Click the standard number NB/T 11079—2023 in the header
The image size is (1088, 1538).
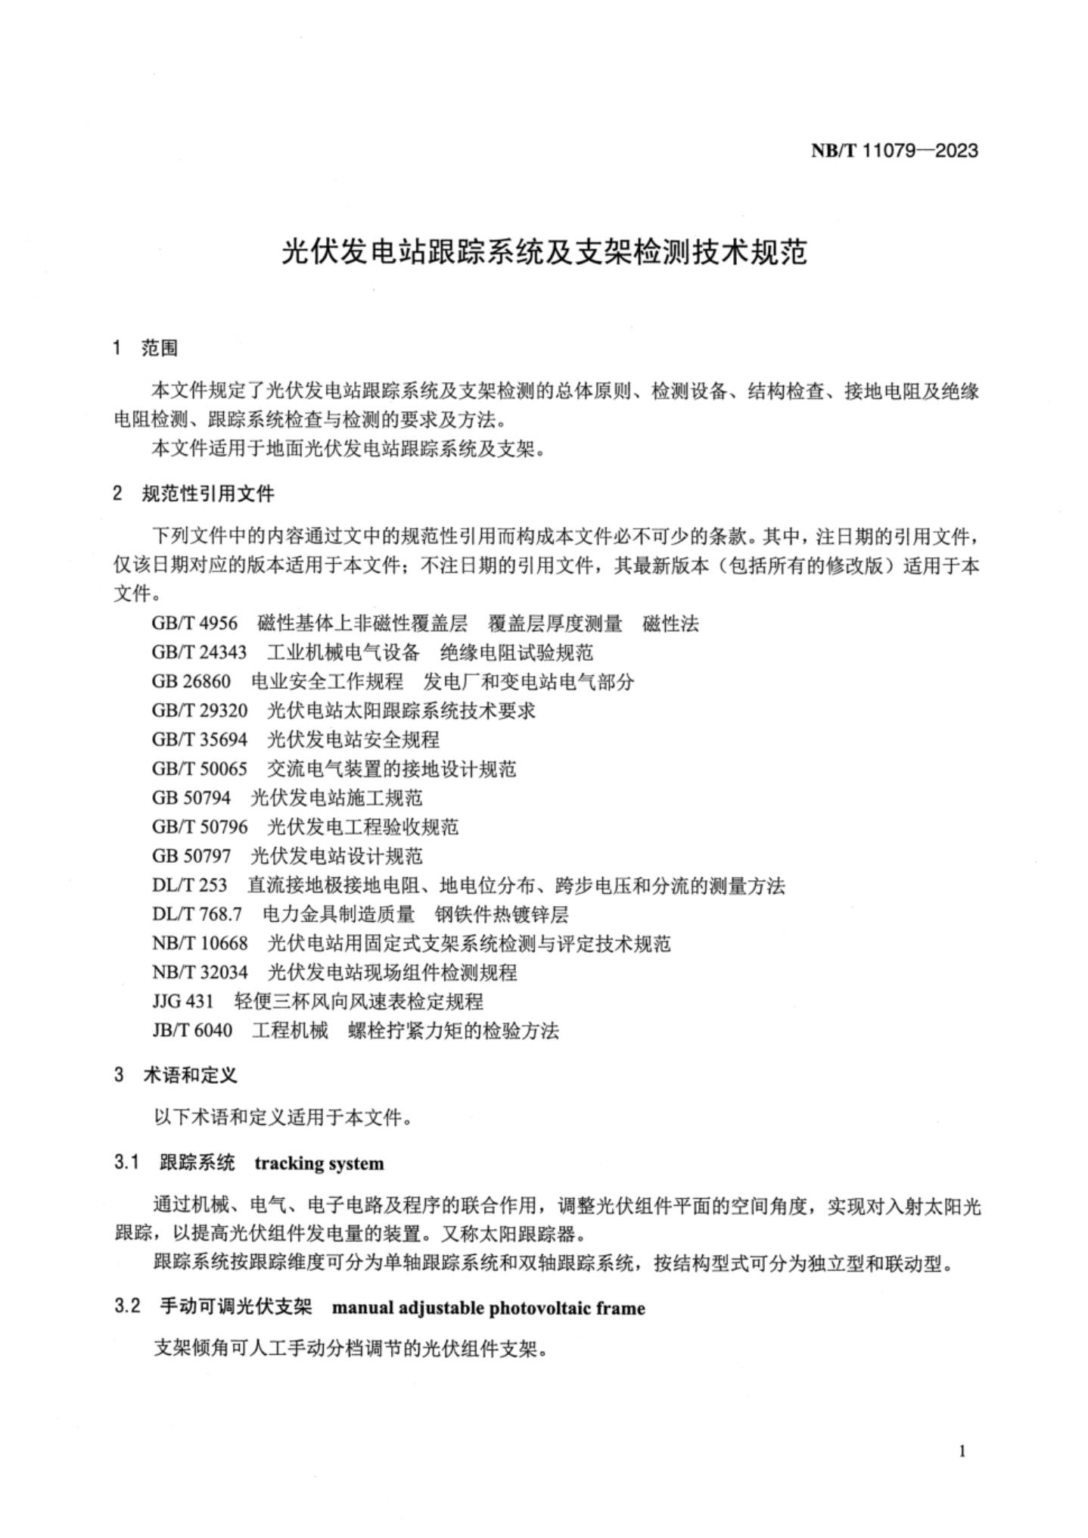click(894, 151)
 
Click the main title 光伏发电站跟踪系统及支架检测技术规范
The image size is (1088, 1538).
click(544, 252)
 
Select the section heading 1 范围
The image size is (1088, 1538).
click(145, 348)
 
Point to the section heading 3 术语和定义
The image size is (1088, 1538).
click(176, 1075)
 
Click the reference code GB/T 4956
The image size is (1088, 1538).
click(194, 623)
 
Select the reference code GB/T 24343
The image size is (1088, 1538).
click(200, 652)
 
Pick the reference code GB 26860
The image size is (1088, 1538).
click(191, 681)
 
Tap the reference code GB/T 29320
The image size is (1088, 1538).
click(200, 711)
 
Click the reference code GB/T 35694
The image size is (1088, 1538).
click(200, 739)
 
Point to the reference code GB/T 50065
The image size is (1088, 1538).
click(200, 769)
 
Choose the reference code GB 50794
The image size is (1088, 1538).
click(191, 798)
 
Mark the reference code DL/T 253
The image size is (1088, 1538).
click(189, 885)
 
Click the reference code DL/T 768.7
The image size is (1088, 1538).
click(197, 914)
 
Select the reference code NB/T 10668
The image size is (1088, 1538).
click(200, 943)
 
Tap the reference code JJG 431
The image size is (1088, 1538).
click(182, 1001)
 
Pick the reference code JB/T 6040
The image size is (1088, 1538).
click(192, 1031)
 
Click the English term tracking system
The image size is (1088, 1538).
click(319, 1163)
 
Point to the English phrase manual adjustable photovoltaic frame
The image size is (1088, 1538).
click(489, 1308)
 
